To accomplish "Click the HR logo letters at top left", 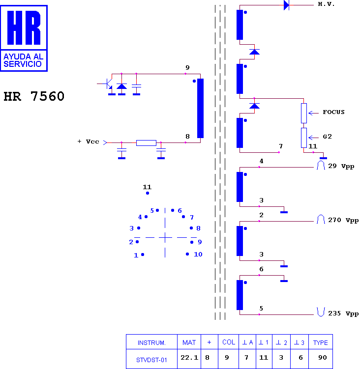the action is pyautogui.click(x=24, y=28).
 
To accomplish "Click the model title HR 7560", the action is pyautogui.click(x=34, y=96).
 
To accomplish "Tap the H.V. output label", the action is pyautogui.click(x=326, y=4).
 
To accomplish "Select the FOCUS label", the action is pyautogui.click(x=333, y=112).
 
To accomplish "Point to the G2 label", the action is pyautogui.click(x=327, y=137).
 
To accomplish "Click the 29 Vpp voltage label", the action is pyautogui.click(x=341, y=166).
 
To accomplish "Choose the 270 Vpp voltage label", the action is pyautogui.click(x=343, y=220).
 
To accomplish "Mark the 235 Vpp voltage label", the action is pyautogui.click(x=343, y=313).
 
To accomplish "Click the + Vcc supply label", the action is pyautogui.click(x=89, y=142).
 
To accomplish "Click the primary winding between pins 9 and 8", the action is pyautogui.click(x=200, y=108).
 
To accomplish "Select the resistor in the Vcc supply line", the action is pyautogui.click(x=146, y=143).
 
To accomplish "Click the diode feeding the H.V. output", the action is pyautogui.click(x=286, y=5).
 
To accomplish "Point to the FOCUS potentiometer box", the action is pyautogui.click(x=304, y=113).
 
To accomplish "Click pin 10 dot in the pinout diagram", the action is pyautogui.click(x=187, y=254).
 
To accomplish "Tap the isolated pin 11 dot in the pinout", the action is pyautogui.click(x=148, y=193).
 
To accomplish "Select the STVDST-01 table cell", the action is pyautogui.click(x=151, y=360).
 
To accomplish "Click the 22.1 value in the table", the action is pyautogui.click(x=189, y=358).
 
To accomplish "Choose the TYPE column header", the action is pyautogui.click(x=321, y=342).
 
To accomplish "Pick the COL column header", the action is pyautogui.click(x=229, y=342).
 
